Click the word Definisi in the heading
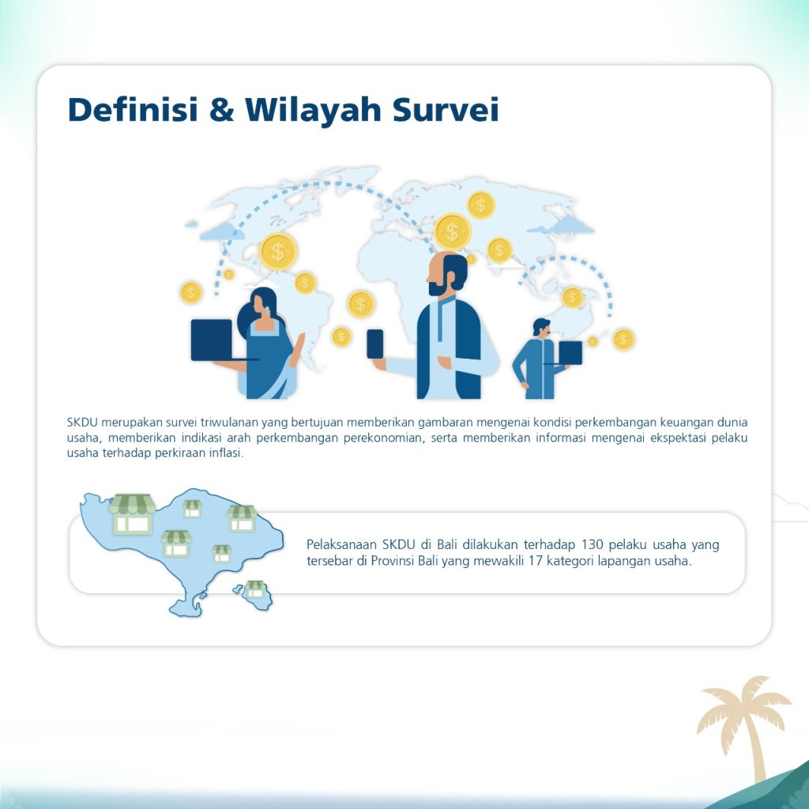tap(133, 109)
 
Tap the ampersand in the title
tap(221, 109)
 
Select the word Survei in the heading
tap(446, 109)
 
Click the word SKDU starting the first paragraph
tap(82, 422)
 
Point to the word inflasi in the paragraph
tap(226, 453)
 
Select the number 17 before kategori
tap(535, 560)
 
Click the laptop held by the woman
tap(213, 340)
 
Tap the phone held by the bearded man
tap(375, 344)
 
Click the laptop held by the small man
tap(570, 352)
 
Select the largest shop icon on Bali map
tap(132, 514)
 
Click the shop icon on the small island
tap(255, 589)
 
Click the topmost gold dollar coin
tap(481, 205)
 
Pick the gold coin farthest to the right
tap(623, 340)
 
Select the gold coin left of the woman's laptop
tap(191, 292)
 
